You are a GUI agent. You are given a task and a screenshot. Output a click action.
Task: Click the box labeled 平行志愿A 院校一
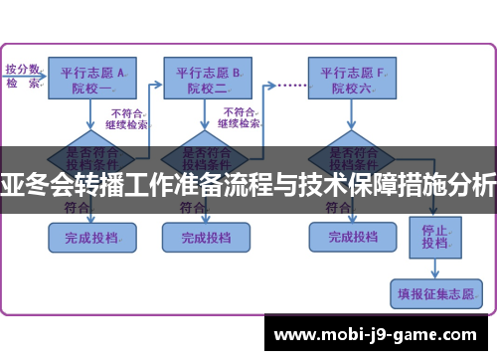[x=92, y=79]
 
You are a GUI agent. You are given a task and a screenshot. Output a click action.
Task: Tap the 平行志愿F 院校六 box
[x=351, y=79]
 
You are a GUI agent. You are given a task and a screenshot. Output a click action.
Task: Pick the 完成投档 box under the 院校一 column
[x=91, y=237]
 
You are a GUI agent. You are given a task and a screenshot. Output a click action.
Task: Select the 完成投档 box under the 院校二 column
[x=208, y=237]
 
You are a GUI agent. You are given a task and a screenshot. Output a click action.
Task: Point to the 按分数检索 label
[x=23, y=76]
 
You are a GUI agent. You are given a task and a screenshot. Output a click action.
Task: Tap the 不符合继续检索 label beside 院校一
[x=129, y=118]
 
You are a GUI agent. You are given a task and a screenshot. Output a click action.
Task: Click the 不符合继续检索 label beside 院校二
[x=242, y=118]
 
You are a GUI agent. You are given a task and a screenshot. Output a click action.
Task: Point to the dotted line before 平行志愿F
[x=289, y=86]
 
